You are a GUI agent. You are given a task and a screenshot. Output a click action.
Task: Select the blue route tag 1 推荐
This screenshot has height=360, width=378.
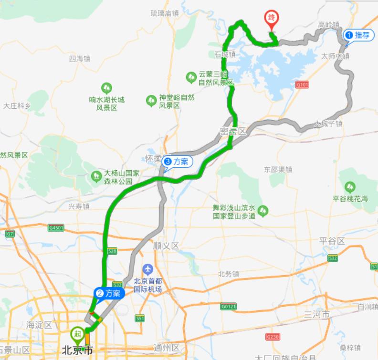point(357,35)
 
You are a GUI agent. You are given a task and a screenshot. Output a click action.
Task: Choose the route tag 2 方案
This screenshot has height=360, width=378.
point(109,293)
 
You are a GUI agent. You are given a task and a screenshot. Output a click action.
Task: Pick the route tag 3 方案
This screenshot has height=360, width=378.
point(178,162)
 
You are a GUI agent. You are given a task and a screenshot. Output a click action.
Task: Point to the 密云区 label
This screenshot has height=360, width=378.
point(233,131)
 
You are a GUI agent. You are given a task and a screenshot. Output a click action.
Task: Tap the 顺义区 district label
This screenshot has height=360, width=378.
point(166,246)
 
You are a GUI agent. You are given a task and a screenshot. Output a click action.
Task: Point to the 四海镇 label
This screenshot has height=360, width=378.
point(79,59)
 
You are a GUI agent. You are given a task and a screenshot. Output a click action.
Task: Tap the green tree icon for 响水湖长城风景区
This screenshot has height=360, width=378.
point(107,88)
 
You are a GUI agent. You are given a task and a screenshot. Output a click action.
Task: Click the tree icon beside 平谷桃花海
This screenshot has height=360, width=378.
point(351,186)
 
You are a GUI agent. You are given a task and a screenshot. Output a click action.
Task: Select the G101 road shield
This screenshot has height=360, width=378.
point(302,84)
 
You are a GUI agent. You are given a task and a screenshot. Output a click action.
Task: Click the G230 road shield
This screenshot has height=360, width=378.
point(273,337)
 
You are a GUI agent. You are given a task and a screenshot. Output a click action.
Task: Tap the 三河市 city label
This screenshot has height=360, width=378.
point(317,315)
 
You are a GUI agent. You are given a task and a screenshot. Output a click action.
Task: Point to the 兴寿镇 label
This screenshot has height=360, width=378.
point(79,206)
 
